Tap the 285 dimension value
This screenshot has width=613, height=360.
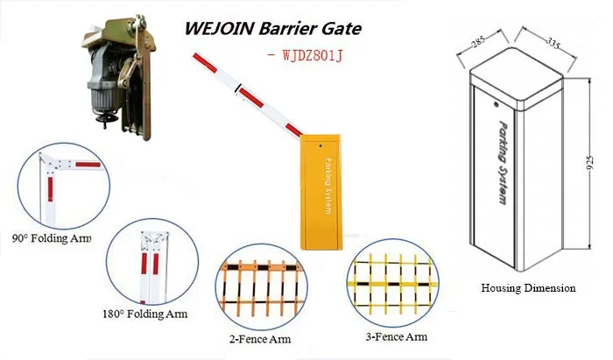(477, 40)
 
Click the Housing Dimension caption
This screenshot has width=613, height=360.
(528, 287)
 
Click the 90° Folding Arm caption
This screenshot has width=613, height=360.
(52, 238)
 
